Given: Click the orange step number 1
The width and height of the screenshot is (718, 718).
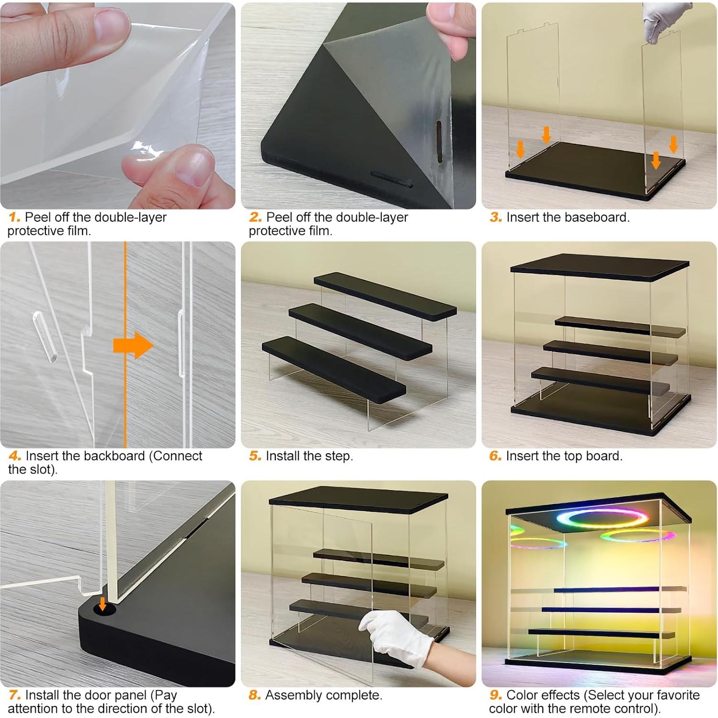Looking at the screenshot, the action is click(x=14, y=217).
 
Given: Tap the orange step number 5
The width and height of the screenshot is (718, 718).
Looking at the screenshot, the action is click(x=255, y=456).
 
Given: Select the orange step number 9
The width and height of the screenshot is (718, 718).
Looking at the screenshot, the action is click(x=496, y=695).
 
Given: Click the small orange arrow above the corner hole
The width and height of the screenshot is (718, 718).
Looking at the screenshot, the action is click(x=102, y=604).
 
